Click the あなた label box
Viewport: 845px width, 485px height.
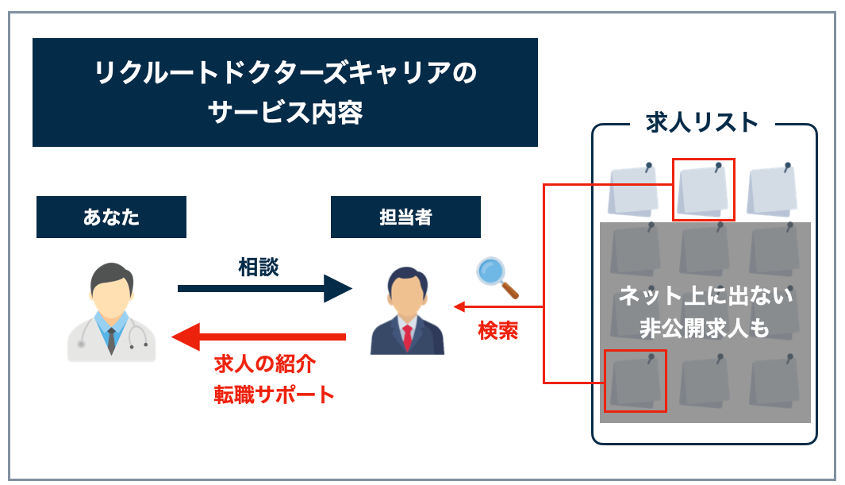click(x=111, y=217)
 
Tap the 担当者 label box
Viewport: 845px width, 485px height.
click(x=405, y=217)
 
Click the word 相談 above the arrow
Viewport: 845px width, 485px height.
click(x=259, y=267)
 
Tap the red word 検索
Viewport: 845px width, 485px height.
click(x=498, y=330)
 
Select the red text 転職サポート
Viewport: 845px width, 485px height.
click(x=275, y=395)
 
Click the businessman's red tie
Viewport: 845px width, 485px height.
click(x=408, y=337)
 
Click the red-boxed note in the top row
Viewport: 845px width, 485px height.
click(x=703, y=190)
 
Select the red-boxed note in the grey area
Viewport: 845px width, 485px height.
click(x=635, y=381)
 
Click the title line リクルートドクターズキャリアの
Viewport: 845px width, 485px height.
click(x=285, y=75)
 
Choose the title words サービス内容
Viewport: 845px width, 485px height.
click(x=285, y=112)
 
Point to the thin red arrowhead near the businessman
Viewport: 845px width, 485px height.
click(x=458, y=306)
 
